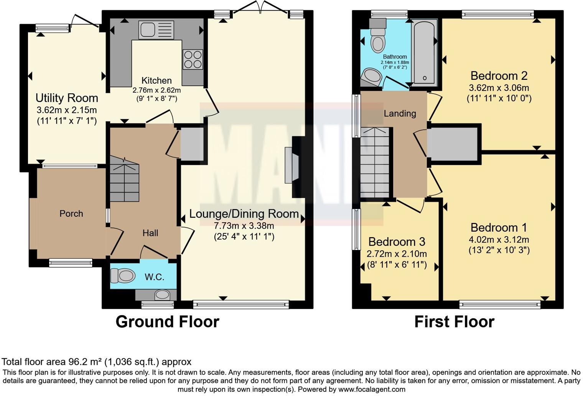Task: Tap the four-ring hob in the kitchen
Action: click(x=193, y=59)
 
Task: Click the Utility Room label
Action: click(x=67, y=98)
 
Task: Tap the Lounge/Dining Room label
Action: click(x=244, y=214)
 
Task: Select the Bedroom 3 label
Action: click(x=397, y=242)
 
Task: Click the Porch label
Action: click(x=71, y=214)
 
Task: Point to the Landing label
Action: click(x=400, y=113)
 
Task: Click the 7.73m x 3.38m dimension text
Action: click(x=244, y=225)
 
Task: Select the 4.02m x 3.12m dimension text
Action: click(x=499, y=240)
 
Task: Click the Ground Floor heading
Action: click(x=167, y=322)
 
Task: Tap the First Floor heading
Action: click(x=454, y=322)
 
